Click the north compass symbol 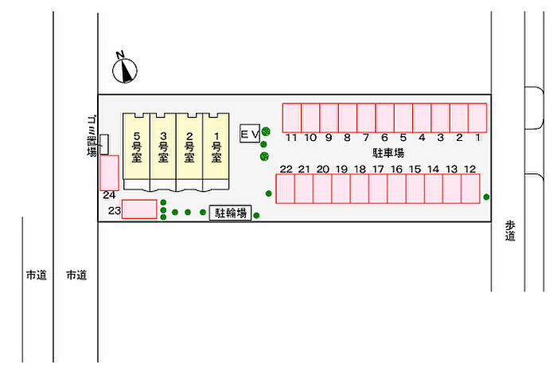point(125,69)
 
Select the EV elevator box point(250,135)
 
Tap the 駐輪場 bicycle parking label point(231,213)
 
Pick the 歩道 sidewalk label point(510,230)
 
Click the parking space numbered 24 point(109,172)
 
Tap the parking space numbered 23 point(139,209)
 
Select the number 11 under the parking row point(292,138)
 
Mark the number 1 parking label point(478,138)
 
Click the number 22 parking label point(286,169)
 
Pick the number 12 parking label point(470,169)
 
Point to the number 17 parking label point(378,169)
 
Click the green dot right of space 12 point(486,197)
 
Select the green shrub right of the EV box point(267,132)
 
